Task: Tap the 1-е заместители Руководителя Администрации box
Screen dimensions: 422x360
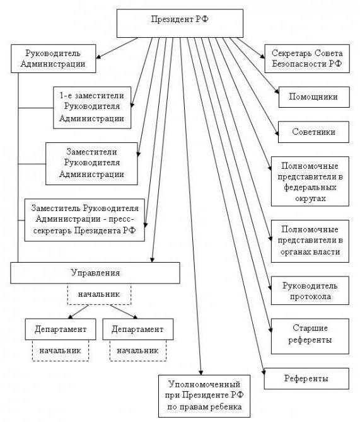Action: coord(92,106)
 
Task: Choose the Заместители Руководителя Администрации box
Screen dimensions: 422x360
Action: coord(91,162)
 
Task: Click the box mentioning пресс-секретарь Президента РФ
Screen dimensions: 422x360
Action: coord(85,219)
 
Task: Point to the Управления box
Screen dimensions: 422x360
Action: coord(95,273)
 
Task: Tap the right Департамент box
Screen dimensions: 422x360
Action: coord(137,329)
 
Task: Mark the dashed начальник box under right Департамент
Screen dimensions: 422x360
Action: coord(137,350)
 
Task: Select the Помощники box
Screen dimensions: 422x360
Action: coord(313,97)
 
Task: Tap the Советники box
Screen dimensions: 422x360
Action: coord(313,132)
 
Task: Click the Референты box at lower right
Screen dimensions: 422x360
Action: coord(306,379)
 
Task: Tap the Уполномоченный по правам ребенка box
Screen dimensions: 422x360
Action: coord(204,396)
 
